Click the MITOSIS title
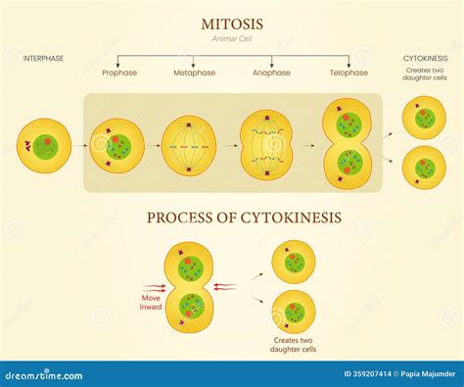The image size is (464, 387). (231, 22)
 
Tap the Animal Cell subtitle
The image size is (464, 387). (231, 38)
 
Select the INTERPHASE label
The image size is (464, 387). (43, 59)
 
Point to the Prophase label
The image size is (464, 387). (118, 73)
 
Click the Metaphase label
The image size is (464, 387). (196, 73)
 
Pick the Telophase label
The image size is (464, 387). (349, 73)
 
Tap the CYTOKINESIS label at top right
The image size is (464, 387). (425, 59)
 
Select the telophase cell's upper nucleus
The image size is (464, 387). (350, 125)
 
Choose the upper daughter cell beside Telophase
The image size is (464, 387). (425, 119)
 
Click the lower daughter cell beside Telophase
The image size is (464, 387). (425, 167)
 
